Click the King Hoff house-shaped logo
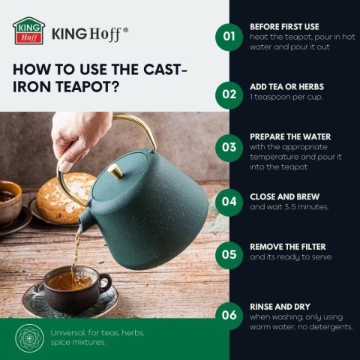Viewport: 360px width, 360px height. [x=28, y=31]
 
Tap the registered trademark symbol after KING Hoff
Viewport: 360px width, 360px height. [x=126, y=30]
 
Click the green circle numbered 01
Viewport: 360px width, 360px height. [x=229, y=37]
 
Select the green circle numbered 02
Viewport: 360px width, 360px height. [x=229, y=95]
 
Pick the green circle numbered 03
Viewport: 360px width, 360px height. [x=229, y=148]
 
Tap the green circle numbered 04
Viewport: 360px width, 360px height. [x=229, y=202]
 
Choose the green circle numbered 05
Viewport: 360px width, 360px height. [x=229, y=255]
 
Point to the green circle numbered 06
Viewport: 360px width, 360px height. [x=229, y=316]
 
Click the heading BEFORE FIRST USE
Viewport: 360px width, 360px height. [x=284, y=27]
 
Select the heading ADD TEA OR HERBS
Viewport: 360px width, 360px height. [x=286, y=87]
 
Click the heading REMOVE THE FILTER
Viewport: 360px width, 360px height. [x=288, y=247]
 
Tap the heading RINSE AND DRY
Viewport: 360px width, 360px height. [x=280, y=307]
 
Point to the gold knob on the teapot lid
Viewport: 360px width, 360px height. [x=115, y=171]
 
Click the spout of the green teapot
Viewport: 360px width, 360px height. [x=85, y=218]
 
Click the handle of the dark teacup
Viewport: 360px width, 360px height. [x=106, y=283]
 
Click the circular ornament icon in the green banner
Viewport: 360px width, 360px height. [x=29, y=338]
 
